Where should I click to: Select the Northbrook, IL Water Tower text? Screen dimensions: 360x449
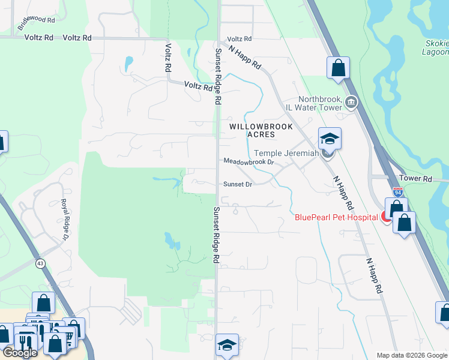coord(320,103)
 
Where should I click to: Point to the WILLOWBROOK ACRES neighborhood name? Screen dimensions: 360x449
coord(261,130)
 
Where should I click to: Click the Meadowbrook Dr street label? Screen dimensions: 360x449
coord(249,162)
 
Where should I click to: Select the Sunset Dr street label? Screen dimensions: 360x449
coord(237,184)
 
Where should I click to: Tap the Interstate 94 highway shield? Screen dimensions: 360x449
coord(397,192)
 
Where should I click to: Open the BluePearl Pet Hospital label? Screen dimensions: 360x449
coord(336,217)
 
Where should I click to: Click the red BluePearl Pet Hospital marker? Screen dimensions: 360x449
coord(387,217)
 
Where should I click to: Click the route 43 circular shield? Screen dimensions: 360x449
coord(40,263)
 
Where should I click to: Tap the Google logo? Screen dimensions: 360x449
coord(20,353)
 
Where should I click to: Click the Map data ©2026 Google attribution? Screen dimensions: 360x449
coord(411,355)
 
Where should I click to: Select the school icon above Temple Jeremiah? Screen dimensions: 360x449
coord(330,139)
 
